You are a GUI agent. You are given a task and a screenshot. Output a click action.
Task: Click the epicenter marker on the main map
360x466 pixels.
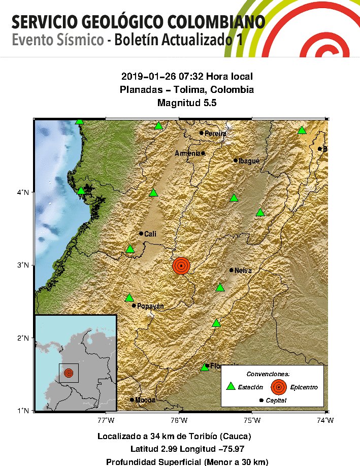point(181,265)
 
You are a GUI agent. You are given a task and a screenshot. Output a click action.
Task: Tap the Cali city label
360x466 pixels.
point(150,234)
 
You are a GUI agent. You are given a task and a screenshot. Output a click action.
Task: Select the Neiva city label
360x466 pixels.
point(243,271)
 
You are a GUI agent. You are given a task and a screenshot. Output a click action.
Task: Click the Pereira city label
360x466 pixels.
point(216,134)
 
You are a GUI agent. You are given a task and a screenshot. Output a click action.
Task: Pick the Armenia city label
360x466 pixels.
point(187,153)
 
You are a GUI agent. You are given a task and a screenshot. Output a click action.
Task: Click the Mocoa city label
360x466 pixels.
point(146,400)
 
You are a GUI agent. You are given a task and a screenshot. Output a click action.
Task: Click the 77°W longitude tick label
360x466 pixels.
point(106,420)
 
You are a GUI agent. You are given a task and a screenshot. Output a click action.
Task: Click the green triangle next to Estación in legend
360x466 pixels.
point(231,386)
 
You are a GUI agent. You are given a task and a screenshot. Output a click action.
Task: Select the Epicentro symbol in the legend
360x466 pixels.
point(278,387)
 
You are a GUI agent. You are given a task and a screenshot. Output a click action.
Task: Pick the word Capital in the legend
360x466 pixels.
point(276,401)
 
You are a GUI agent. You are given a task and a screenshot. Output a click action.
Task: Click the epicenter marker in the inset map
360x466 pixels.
point(69,373)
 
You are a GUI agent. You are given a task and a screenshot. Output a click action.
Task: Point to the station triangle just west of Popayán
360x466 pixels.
point(129,297)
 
